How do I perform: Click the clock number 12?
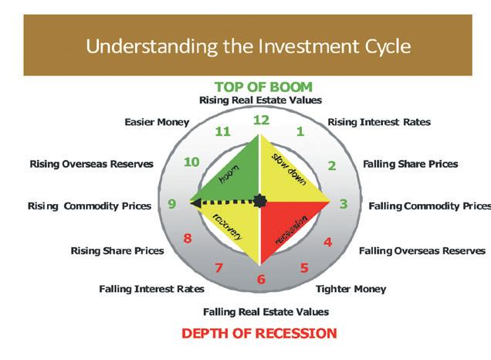coord(261,120)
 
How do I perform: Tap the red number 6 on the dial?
coord(261,279)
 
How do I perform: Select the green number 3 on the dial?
coord(344,204)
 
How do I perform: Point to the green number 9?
coord(172,204)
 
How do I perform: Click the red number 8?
coord(188,239)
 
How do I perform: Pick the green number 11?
coord(223,131)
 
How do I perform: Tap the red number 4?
coord(328,242)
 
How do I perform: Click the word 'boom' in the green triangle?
coord(229,174)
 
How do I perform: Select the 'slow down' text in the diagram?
coord(289,169)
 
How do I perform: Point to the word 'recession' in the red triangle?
coord(292,229)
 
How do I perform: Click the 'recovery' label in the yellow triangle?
coord(228,226)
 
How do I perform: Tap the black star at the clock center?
coord(259,201)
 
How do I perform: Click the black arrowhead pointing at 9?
coord(195,203)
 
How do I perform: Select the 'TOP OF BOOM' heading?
coord(264,87)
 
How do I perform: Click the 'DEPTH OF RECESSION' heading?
coord(259,333)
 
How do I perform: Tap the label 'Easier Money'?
coord(157,122)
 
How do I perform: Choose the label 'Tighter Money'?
coord(350,289)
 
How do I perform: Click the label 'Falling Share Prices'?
coord(411,164)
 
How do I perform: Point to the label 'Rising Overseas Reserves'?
coord(91,164)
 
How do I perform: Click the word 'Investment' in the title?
coord(309,46)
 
